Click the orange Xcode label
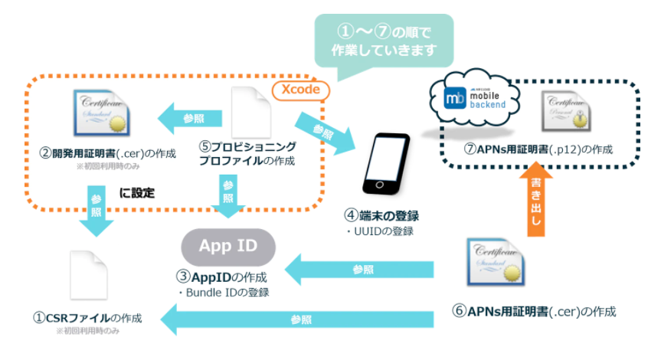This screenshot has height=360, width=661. click(299, 90)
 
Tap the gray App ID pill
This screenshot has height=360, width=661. click(227, 246)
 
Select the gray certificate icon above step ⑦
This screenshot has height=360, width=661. click(563, 114)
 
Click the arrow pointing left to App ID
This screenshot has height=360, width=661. click(360, 270)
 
